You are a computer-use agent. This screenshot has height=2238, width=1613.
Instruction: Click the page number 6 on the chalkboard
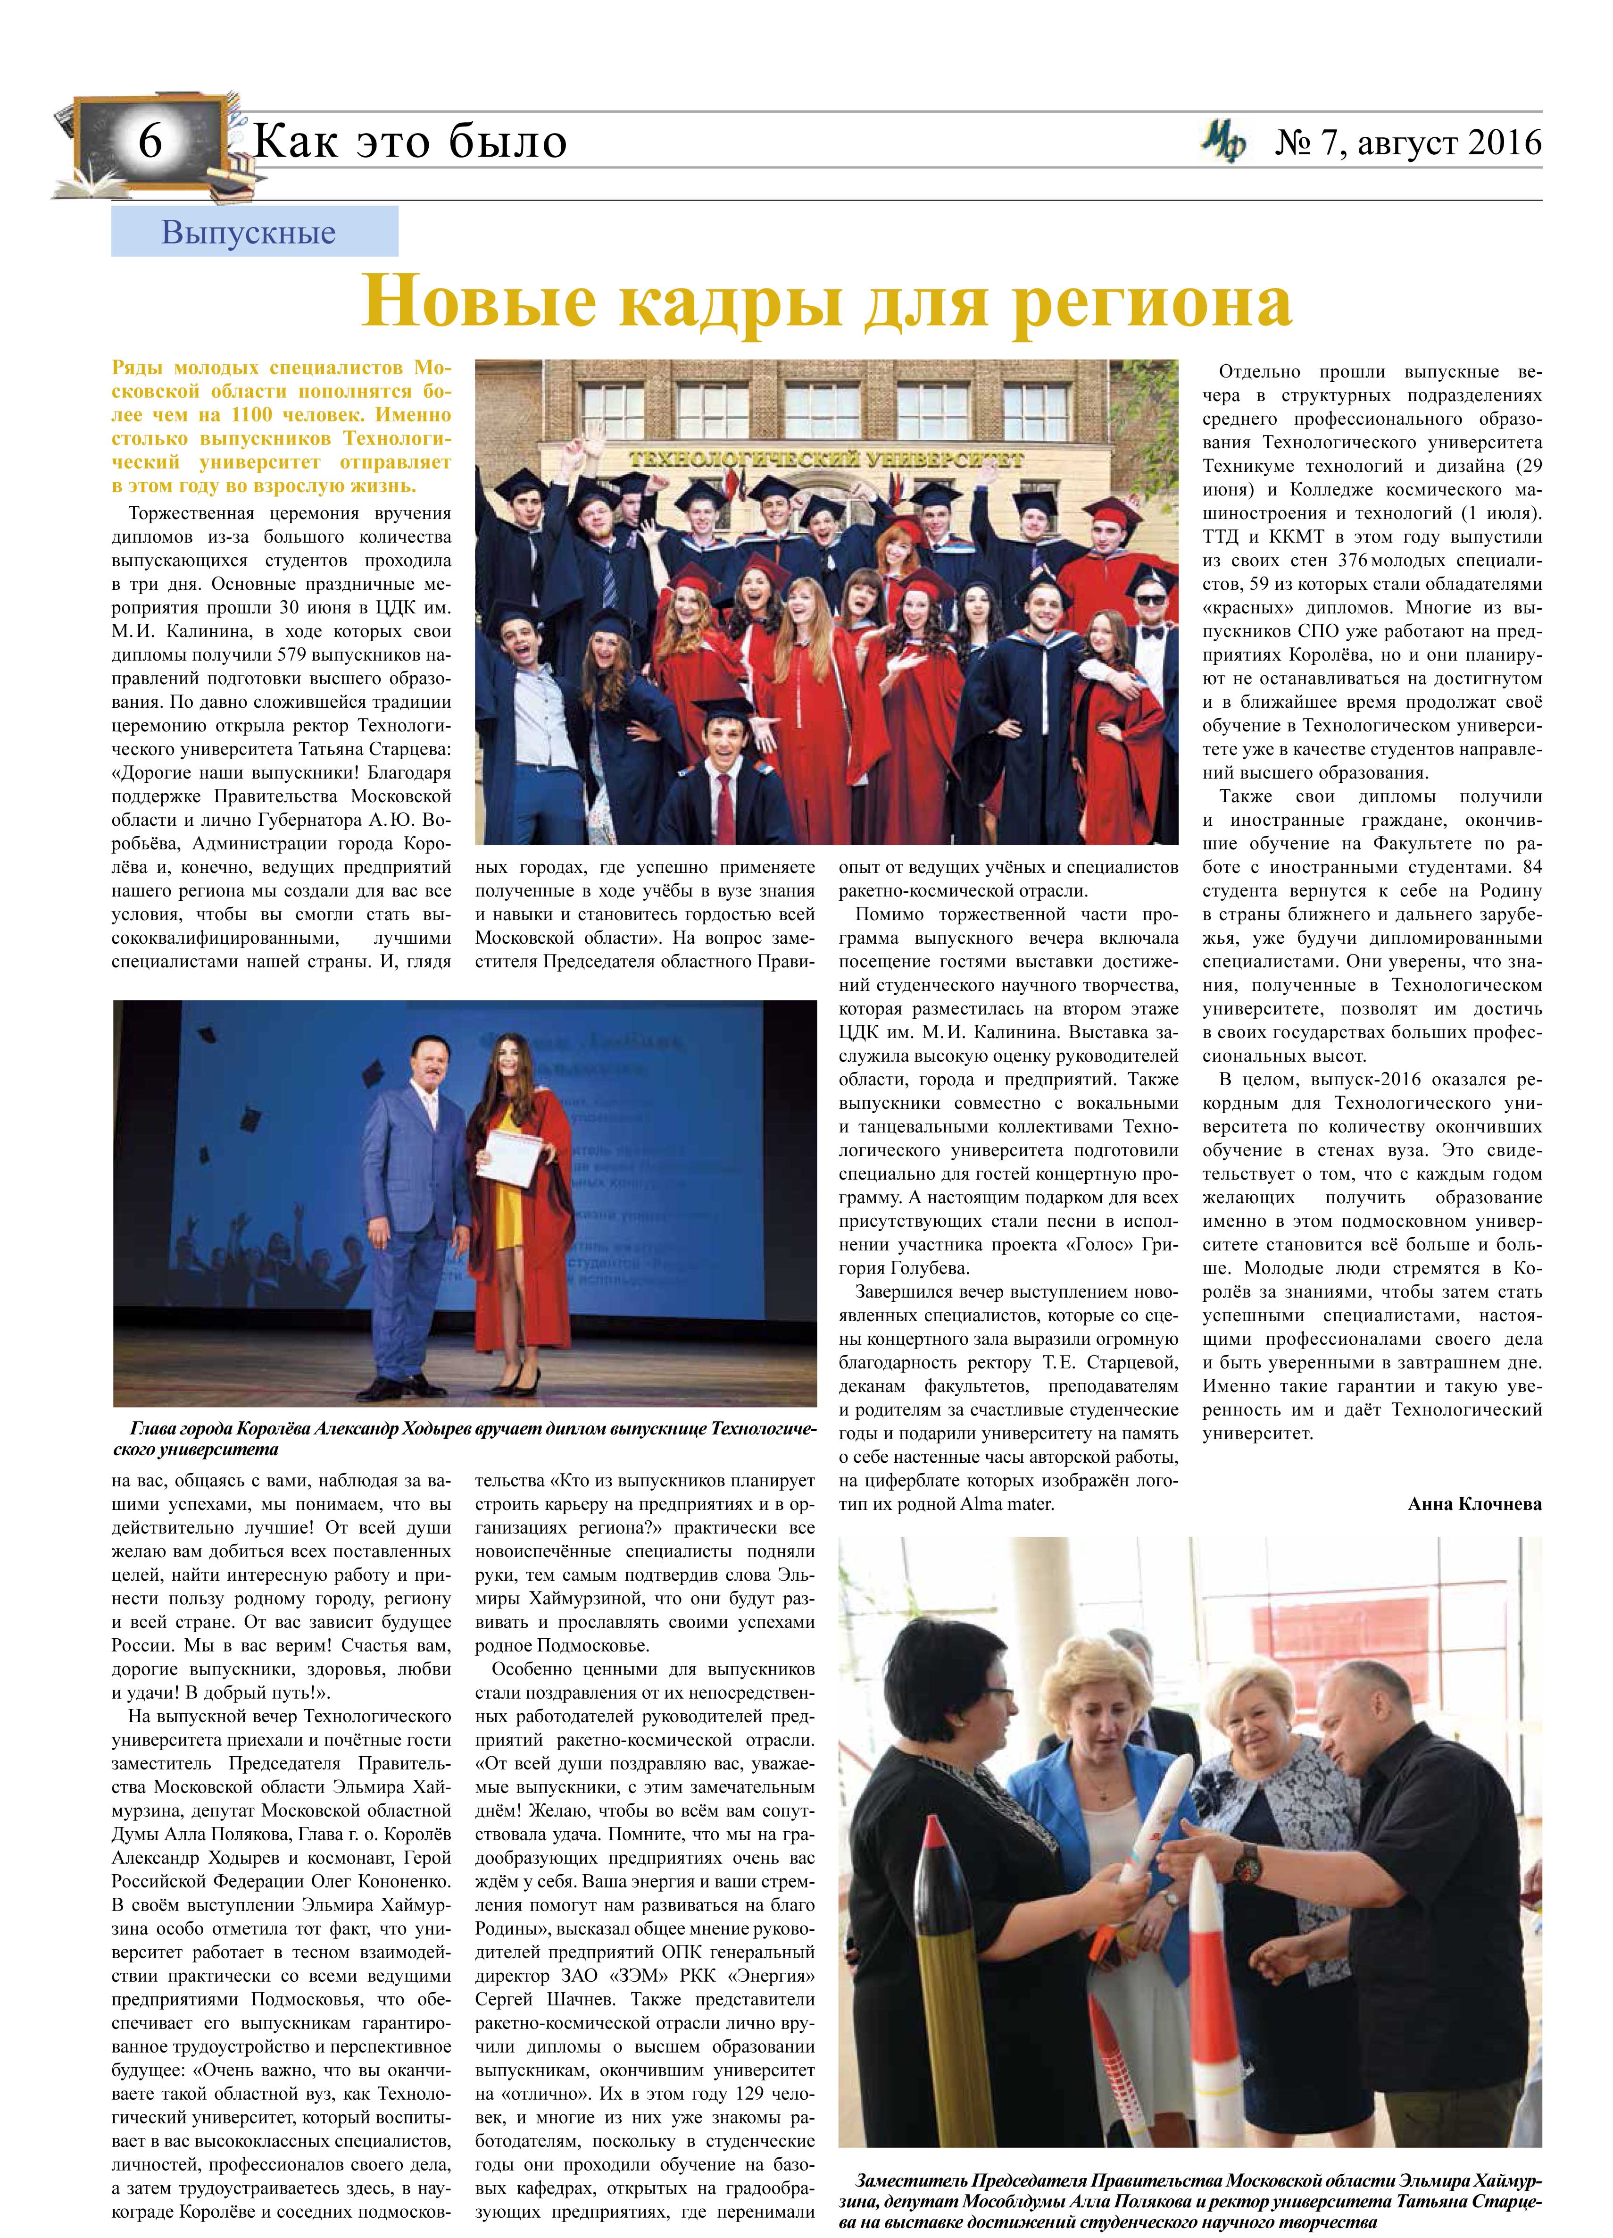(x=150, y=143)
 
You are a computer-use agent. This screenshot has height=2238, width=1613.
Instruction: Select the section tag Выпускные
(x=249, y=233)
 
